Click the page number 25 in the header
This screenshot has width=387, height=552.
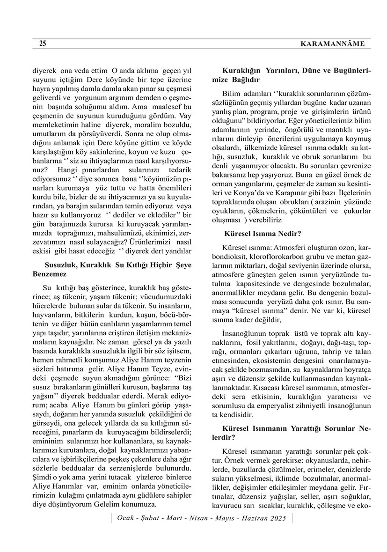click(43, 44)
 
